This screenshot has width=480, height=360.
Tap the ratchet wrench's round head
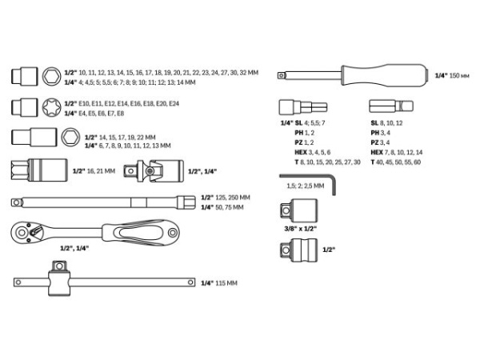click(29, 233)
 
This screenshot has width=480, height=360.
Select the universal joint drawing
click(159, 170)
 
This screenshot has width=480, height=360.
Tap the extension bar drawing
click(100, 201)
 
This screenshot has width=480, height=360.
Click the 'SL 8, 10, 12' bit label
click(387, 123)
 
